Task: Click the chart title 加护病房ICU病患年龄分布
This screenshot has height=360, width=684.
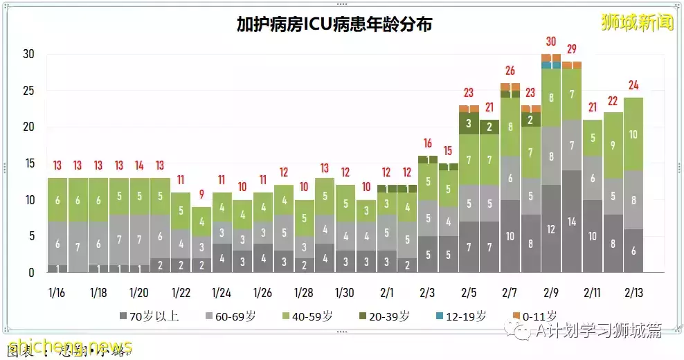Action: pyautogui.click(x=334, y=26)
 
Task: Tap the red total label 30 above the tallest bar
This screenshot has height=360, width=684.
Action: pyautogui.click(x=551, y=42)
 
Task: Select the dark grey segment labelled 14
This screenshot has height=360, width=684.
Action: pyautogui.click(x=572, y=222)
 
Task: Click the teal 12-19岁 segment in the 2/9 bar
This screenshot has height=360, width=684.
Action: pyautogui.click(x=551, y=65)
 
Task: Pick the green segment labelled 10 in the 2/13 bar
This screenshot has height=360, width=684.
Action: pyautogui.click(x=633, y=134)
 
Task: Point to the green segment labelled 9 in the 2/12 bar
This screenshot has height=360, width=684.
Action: pyautogui.click(x=613, y=145)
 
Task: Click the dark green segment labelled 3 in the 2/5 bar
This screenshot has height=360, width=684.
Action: pyautogui.click(x=469, y=123)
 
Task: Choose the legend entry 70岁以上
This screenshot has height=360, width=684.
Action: pyautogui.click(x=150, y=316)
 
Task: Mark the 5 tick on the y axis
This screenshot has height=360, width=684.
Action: pyautogui.click(x=30, y=237)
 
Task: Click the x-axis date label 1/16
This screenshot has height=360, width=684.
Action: pyautogui.click(x=57, y=293)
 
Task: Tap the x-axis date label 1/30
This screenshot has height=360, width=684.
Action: pyautogui.click(x=345, y=293)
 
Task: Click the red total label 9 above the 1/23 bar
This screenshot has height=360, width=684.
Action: pyautogui.click(x=201, y=195)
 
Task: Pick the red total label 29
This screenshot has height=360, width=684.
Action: pyautogui.click(x=572, y=48)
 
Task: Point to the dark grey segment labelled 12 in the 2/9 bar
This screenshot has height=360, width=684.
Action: pyautogui.click(x=551, y=229)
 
